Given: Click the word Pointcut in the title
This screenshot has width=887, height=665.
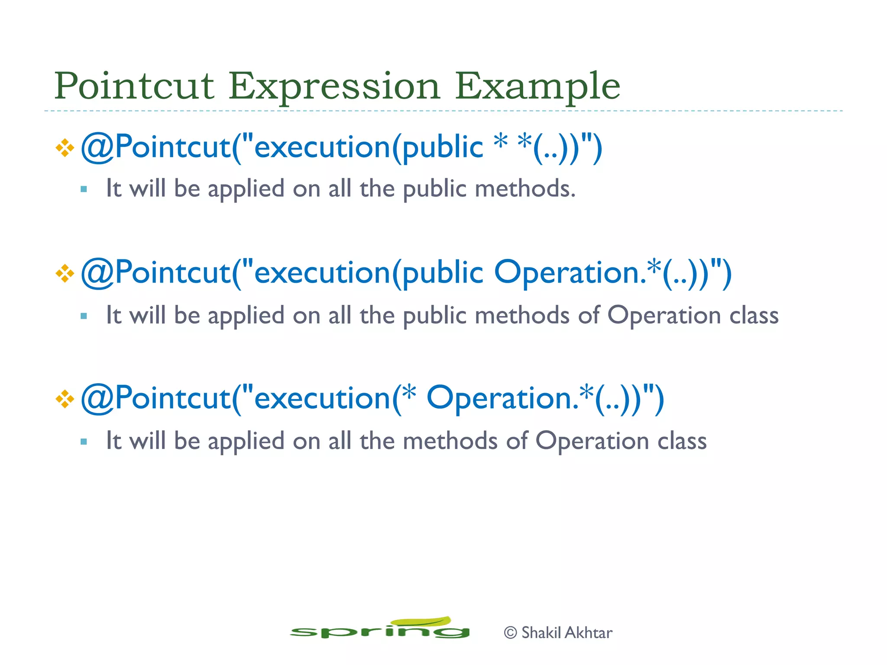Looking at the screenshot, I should click(x=134, y=86).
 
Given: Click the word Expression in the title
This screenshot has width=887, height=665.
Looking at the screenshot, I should click(x=334, y=86).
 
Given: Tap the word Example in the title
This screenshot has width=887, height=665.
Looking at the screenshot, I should click(x=537, y=86).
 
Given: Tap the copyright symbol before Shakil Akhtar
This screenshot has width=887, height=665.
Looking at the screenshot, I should click(x=511, y=633).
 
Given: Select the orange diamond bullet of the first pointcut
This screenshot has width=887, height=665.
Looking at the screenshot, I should click(x=65, y=148).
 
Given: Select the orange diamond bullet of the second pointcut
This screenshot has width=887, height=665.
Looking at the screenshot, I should click(x=65, y=274).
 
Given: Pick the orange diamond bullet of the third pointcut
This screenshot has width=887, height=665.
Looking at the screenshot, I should click(x=65, y=399).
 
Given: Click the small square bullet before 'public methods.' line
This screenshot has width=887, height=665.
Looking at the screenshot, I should click(x=84, y=189).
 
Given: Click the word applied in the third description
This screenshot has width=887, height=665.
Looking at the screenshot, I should click(x=246, y=442).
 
